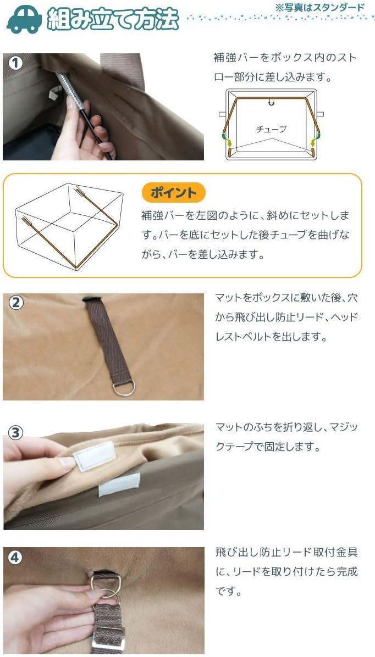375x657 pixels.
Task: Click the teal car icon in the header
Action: click(x=24, y=19)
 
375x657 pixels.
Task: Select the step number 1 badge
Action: click(x=15, y=64)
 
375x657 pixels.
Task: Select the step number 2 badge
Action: click(x=15, y=303)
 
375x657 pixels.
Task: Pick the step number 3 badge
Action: click(x=15, y=433)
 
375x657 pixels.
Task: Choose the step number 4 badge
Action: click(x=15, y=558)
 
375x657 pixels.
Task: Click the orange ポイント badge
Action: click(x=173, y=193)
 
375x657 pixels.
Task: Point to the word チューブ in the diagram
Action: click(x=271, y=130)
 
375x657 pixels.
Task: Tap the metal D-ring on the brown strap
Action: click(x=124, y=388)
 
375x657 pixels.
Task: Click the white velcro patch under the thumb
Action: click(x=94, y=456)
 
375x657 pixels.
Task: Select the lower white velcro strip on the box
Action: click(x=119, y=485)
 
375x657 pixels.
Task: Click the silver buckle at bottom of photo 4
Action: click(x=108, y=638)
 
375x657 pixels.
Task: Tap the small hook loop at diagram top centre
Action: click(x=271, y=102)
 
